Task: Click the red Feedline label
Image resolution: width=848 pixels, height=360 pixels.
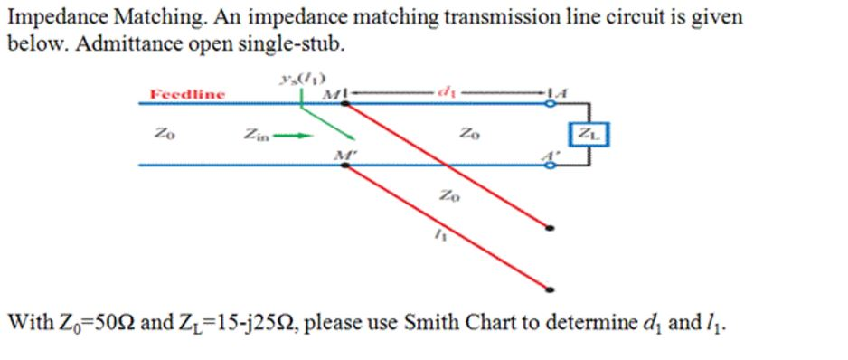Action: [x=187, y=93]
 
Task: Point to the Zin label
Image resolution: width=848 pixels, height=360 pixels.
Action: [x=256, y=136]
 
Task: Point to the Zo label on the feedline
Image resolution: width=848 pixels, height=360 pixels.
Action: [x=162, y=135]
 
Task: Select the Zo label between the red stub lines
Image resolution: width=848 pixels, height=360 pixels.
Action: [x=448, y=194]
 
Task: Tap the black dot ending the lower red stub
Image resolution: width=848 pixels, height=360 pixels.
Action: [x=551, y=289]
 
